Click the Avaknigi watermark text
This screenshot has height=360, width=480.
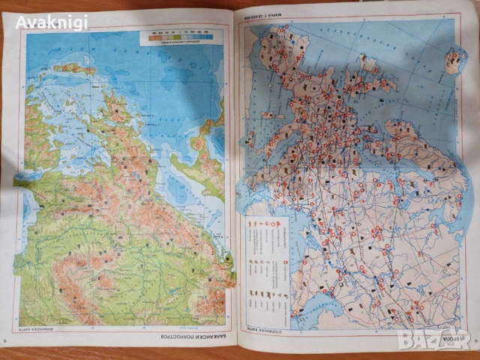52,22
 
